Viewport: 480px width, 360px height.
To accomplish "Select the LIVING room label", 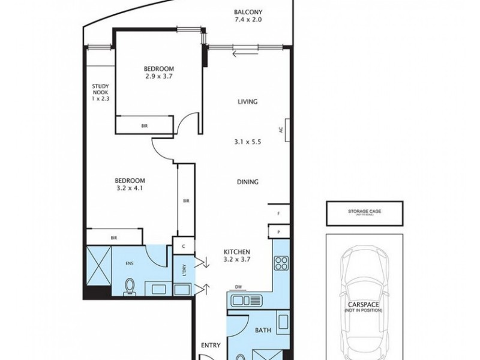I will click(247, 102).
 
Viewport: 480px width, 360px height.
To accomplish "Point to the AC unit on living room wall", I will click(289, 130).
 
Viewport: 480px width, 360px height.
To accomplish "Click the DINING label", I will click(247, 182).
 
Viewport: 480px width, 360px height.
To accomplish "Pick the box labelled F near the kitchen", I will click(279, 213).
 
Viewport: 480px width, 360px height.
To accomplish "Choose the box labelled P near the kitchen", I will click(279, 231).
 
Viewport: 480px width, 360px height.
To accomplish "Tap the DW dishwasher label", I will click(239, 287).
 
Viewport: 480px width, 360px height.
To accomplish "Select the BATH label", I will click(263, 330).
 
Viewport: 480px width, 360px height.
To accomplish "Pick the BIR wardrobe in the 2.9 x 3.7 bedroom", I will click(145, 126).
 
